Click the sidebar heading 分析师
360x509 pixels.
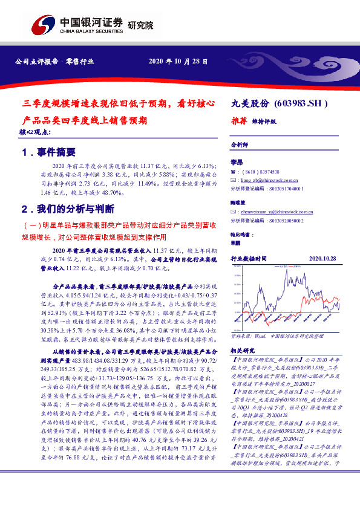click(240, 146)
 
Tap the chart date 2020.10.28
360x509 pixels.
click(322, 258)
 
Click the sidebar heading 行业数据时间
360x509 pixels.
click(249, 258)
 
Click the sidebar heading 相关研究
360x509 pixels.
click(243, 350)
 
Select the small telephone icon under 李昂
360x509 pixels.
click(234, 172)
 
